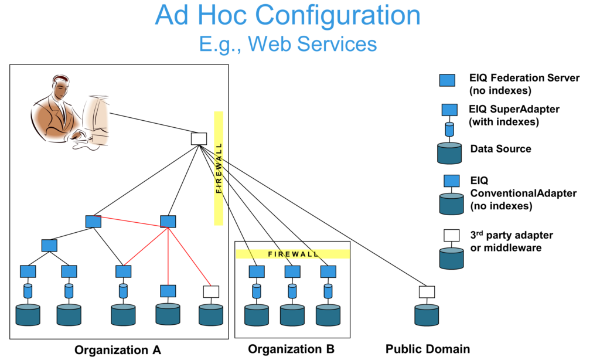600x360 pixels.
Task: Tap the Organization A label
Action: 117,351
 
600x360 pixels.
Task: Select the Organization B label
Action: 291,349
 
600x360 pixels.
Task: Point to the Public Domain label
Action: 428,349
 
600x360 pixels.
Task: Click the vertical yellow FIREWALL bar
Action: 219,168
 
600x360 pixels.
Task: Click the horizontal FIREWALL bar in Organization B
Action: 293,254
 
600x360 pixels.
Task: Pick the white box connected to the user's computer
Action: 199,139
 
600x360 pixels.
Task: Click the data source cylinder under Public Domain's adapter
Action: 427,315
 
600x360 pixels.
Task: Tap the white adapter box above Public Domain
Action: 427,291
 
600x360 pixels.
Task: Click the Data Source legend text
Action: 500,149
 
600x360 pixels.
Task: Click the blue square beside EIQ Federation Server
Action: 447,80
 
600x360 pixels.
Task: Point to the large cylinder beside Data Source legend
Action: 450,153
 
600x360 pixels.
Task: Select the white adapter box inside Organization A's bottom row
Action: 211,291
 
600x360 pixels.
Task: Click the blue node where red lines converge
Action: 168,222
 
